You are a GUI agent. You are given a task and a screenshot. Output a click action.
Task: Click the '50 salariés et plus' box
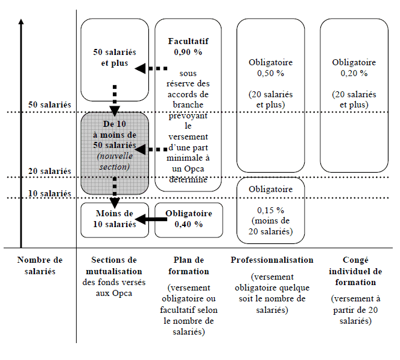[x=115, y=59]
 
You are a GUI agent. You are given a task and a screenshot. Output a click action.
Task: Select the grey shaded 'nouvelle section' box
[x=115, y=153]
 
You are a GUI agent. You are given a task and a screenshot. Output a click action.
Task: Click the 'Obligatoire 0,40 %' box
[x=188, y=219]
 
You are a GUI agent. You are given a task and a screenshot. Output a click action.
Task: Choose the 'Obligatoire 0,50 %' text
[x=270, y=68]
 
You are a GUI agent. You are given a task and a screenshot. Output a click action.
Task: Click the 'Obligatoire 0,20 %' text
[x=354, y=68]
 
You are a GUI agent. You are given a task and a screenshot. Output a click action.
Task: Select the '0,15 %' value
[x=270, y=210]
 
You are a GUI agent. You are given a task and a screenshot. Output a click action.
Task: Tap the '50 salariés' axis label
[x=49, y=105]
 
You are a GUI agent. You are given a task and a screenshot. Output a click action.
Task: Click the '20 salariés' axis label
[x=49, y=171]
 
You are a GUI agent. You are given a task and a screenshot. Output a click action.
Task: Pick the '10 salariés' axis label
[x=49, y=193]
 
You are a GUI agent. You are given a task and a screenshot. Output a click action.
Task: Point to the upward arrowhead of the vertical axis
[x=21, y=23]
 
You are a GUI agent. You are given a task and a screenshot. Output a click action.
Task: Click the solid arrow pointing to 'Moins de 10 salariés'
[x=151, y=219]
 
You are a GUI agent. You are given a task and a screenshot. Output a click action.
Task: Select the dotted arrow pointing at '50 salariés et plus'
[x=151, y=68]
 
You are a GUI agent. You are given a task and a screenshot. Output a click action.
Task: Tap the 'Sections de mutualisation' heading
[x=115, y=266]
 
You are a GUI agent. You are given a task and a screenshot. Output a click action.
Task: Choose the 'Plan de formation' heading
[x=188, y=266]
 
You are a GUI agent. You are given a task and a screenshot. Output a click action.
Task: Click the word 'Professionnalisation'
[x=271, y=260]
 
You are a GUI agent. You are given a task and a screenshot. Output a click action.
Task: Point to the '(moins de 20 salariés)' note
[x=270, y=226]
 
